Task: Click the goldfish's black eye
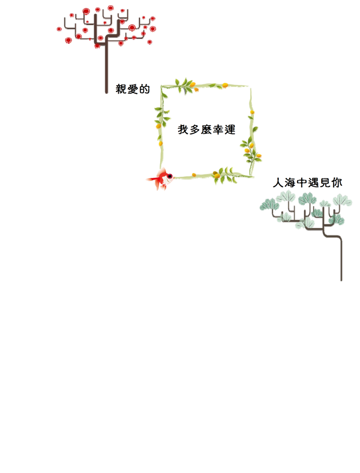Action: click(170, 176)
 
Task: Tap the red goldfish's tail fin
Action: click(153, 179)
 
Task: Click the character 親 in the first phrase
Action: click(121, 89)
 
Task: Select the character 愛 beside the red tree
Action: click(133, 89)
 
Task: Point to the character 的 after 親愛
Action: click(144, 89)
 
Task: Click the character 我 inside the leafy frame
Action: click(183, 130)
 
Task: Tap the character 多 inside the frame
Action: click(195, 130)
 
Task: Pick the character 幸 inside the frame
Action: click(218, 130)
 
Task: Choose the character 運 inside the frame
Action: click(230, 130)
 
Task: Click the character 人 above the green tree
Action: click(278, 182)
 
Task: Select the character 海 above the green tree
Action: click(290, 182)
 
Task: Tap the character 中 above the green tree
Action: click(302, 182)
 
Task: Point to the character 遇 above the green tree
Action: click(314, 182)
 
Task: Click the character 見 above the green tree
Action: click(325, 182)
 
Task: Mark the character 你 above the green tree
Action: click(337, 182)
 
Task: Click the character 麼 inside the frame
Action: click(206, 130)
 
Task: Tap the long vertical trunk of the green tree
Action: click(341, 259)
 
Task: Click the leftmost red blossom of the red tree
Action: click(59, 29)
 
